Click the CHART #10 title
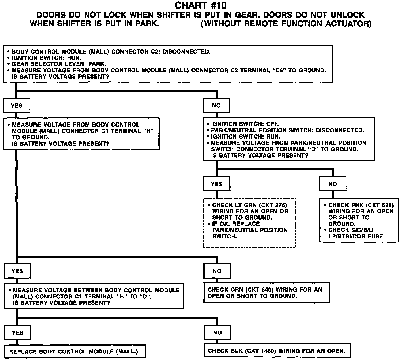point(201,5)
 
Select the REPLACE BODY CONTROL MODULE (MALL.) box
point(75,351)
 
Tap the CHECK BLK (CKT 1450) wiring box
point(277,351)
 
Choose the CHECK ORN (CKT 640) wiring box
point(266,293)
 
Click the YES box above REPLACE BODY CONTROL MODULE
point(18,333)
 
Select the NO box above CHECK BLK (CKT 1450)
point(217,333)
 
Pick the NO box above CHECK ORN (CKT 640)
point(217,271)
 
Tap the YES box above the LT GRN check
point(216,184)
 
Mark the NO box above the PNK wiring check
point(332,184)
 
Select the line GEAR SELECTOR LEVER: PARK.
point(59,64)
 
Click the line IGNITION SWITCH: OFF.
point(245,124)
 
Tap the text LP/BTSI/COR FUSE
point(356,236)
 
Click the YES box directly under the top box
point(16,106)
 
